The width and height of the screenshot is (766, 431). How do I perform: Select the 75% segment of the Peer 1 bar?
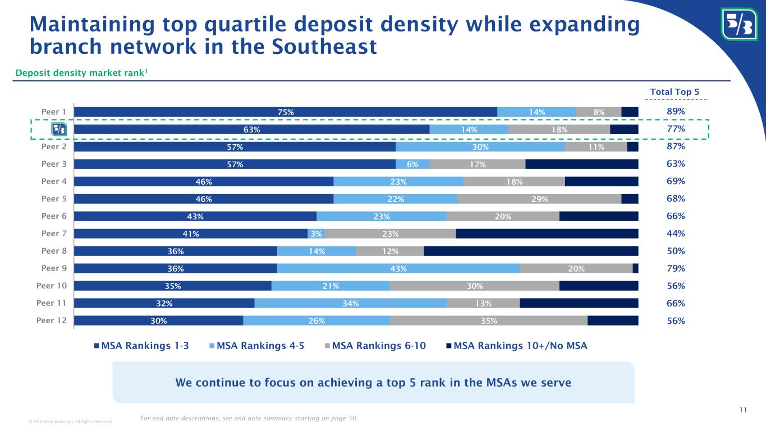pos(285,112)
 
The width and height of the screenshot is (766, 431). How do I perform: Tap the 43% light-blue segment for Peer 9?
pos(398,268)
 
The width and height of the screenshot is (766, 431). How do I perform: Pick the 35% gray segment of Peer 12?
pos(488,320)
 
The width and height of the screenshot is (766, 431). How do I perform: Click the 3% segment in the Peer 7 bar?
pos(317,233)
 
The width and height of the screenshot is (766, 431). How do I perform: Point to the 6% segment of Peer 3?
pos(412,164)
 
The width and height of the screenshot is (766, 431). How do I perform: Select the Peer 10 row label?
pos(52,286)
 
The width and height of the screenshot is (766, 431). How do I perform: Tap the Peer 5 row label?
pos(54,199)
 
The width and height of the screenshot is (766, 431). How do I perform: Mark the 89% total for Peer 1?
pos(676,112)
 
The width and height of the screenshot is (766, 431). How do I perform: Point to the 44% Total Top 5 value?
pos(676,233)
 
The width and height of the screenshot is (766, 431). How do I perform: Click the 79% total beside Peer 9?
pos(676,268)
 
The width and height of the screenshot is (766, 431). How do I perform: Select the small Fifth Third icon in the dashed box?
pos(59,129)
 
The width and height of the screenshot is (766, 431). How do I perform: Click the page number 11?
pos(743,410)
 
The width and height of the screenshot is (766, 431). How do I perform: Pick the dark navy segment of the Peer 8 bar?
pos(531,251)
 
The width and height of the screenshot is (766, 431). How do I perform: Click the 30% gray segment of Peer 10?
pos(474,286)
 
